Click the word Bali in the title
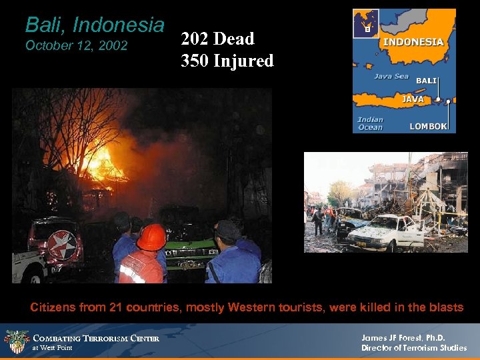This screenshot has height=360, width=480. (x=45, y=25)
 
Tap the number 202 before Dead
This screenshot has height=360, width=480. (x=194, y=39)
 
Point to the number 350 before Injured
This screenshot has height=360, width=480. (x=194, y=61)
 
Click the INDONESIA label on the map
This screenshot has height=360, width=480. (x=412, y=41)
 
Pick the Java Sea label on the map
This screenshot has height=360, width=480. (x=391, y=76)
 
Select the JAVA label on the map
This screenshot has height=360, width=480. (x=411, y=99)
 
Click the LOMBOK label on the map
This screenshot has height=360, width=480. (x=427, y=126)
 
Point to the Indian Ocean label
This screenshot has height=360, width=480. (x=370, y=123)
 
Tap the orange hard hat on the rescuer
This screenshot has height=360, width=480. (x=151, y=237)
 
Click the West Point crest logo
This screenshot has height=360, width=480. (x=17, y=341)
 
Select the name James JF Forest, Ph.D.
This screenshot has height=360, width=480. (x=403, y=337)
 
